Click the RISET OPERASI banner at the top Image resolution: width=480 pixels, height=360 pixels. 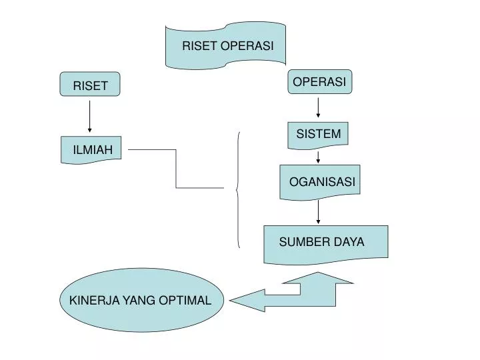(225, 45)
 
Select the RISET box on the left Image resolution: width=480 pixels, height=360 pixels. (90, 85)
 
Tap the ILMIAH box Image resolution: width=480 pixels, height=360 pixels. (92, 151)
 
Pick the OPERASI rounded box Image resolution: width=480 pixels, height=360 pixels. (319, 81)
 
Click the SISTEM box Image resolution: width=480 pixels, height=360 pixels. (318, 134)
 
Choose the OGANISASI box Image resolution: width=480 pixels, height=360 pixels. (320, 181)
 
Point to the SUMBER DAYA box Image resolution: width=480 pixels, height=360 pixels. (325, 242)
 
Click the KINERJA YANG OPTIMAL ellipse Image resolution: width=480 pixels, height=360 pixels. (140, 300)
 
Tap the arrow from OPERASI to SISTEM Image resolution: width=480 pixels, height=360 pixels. (319, 108)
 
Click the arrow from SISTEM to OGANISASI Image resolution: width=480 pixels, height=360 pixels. (319, 157)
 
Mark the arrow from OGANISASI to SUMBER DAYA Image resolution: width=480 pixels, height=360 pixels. (319, 212)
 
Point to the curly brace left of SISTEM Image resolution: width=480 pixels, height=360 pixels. (238, 190)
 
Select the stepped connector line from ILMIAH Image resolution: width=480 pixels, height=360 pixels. (177, 169)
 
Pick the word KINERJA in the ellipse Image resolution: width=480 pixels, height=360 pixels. (92, 301)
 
